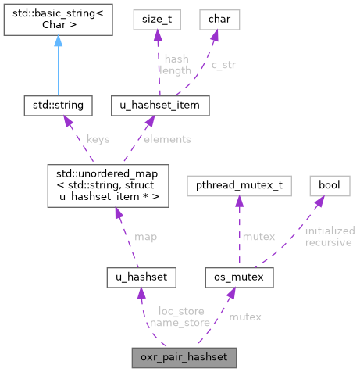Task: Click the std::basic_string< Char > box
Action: click(x=56, y=24)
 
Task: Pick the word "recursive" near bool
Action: click(x=328, y=242)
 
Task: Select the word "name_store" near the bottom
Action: click(x=177, y=321)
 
